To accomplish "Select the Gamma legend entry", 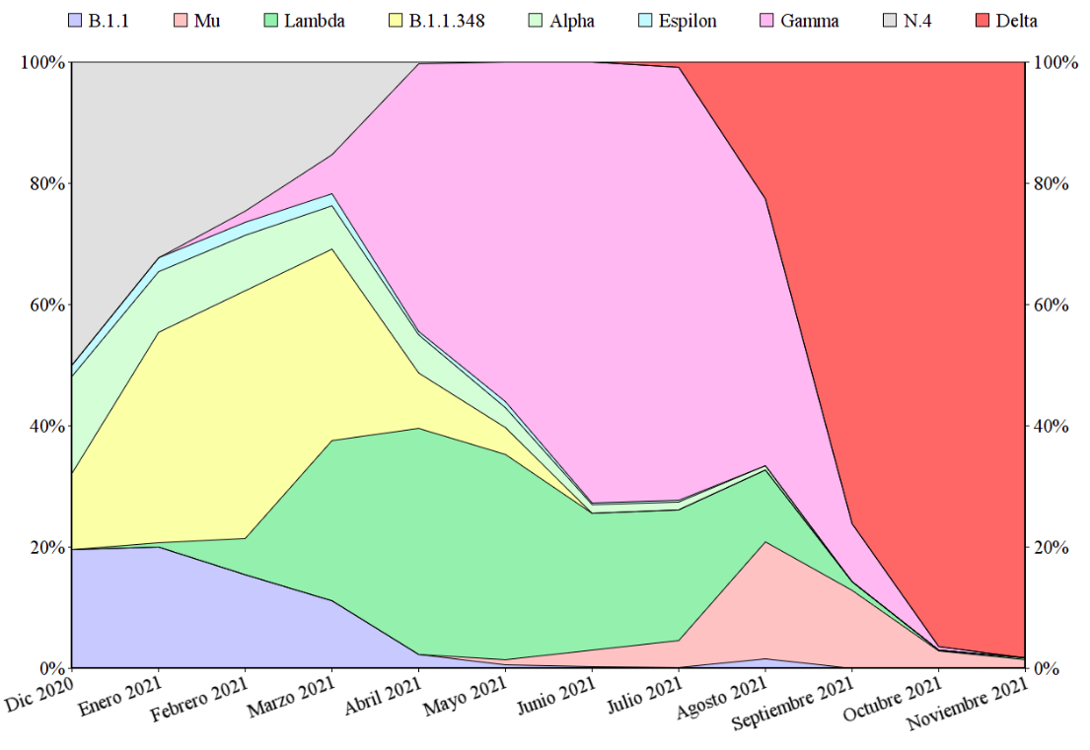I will [x=810, y=21].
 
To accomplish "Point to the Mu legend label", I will [x=207, y=21].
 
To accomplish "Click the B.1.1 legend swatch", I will [x=76, y=21].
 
